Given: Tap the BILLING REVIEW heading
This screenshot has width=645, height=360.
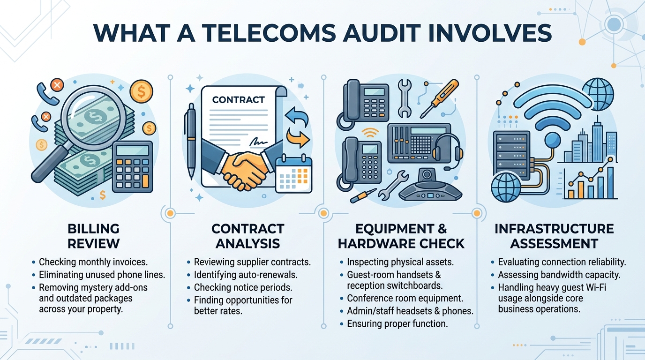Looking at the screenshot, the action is (94, 236).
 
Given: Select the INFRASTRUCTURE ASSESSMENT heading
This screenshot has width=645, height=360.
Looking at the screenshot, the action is (554, 236).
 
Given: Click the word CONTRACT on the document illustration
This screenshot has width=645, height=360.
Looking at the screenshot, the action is (239, 100).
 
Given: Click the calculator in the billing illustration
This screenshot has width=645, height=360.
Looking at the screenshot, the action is (133, 167).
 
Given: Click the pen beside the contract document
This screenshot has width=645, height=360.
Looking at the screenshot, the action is (190, 141).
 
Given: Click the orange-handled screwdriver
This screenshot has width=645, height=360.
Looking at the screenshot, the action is (439, 99).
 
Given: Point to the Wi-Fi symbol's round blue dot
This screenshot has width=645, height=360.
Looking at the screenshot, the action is (553, 141).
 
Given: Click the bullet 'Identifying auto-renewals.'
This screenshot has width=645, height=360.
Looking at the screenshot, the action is (246, 275).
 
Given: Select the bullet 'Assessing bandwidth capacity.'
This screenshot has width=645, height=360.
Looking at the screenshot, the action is (559, 275).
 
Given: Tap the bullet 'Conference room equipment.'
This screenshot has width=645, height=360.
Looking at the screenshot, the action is (405, 298).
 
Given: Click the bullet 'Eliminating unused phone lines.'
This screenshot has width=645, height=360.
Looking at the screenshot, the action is (102, 275).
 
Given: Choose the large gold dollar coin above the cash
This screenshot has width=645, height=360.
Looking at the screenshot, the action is (141, 91).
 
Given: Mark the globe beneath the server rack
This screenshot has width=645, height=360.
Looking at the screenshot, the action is (506, 187).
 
